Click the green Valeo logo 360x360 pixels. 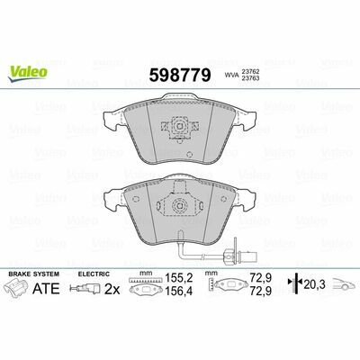28,73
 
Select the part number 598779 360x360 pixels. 180,75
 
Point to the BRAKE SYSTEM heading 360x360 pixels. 34,274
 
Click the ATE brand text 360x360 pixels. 46,289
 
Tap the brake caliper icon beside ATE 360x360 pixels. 18,287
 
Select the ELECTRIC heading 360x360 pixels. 94,274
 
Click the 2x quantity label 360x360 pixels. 112,290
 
